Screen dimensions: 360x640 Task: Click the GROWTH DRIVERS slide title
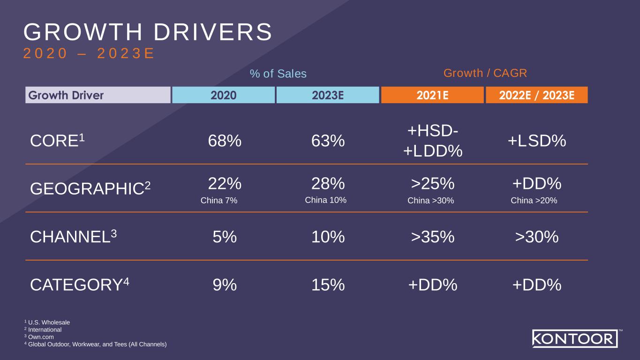point(148,33)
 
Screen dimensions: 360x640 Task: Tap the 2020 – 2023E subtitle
point(89,54)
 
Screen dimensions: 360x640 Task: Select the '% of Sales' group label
point(278,74)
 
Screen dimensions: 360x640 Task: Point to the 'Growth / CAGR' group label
point(485,73)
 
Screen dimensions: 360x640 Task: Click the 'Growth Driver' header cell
point(98,95)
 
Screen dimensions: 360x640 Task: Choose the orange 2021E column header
point(432,95)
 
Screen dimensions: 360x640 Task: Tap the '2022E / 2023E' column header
point(537,95)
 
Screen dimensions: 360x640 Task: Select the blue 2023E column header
point(328,95)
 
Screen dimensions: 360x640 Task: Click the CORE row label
point(54,141)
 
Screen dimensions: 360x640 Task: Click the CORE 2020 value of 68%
point(225,141)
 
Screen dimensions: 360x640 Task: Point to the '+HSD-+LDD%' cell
point(433,141)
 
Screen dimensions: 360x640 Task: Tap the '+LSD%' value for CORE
point(537,141)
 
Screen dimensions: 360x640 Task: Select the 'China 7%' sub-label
point(219,201)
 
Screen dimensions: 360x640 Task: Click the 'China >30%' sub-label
point(431,201)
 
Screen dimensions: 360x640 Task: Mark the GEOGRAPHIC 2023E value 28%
point(328,183)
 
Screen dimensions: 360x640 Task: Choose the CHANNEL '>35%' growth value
point(433,237)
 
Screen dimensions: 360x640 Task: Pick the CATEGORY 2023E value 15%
point(328,285)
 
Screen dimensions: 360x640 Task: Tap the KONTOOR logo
point(575,338)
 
